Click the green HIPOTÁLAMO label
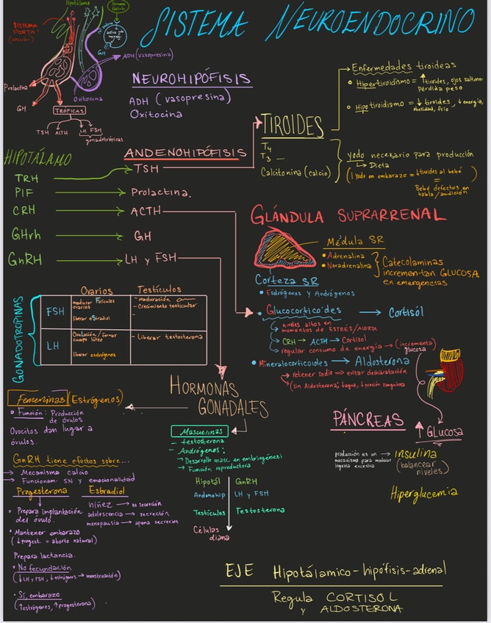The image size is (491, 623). point(38,158)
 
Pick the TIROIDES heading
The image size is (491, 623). point(293,124)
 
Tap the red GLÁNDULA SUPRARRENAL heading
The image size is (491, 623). point(348,215)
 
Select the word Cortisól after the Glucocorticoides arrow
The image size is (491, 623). point(406,311)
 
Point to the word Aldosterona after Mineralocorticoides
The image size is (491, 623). point(381,361)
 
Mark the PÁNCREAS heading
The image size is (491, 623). point(368,419)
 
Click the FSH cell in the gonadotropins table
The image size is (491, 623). point(55,311)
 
